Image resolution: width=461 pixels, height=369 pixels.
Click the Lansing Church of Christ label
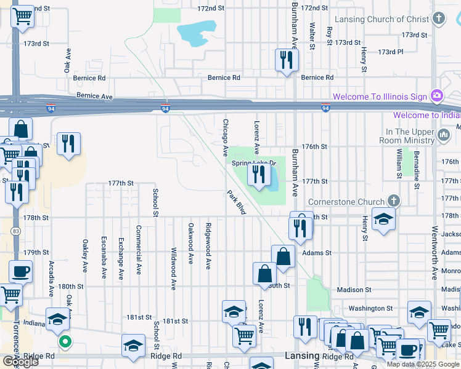(x=390, y=19)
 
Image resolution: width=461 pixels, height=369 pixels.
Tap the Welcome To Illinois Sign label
(x=380, y=97)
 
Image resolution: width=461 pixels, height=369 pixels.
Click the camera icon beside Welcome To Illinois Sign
(x=437, y=95)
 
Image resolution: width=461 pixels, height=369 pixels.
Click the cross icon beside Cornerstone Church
(x=394, y=200)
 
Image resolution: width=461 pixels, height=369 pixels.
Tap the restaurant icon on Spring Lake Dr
(x=258, y=175)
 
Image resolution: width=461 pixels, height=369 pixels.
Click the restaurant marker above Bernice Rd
(x=286, y=60)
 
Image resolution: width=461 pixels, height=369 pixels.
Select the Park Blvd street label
(x=237, y=202)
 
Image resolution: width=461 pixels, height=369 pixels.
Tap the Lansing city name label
(x=303, y=356)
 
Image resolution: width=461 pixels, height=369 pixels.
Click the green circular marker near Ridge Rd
(x=64, y=341)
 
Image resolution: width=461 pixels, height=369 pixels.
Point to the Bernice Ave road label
(x=95, y=97)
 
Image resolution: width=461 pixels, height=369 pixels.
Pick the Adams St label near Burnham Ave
(x=317, y=253)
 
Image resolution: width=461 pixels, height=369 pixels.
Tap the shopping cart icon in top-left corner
(x=23, y=17)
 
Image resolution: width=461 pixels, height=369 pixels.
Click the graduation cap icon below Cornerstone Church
(x=383, y=220)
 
